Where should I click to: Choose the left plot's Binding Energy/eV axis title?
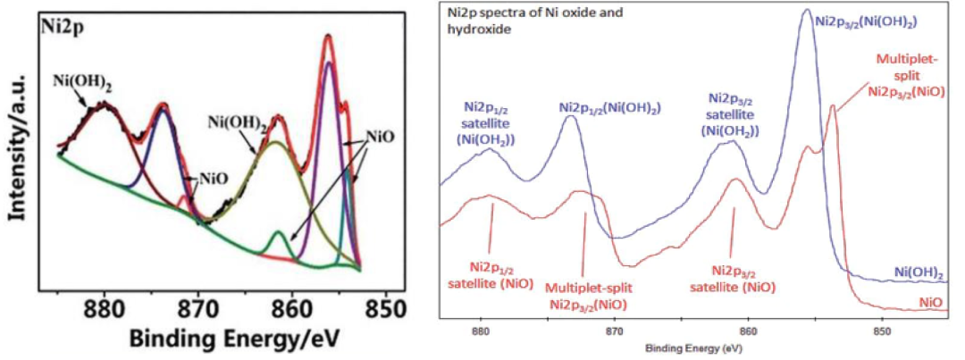[233, 338]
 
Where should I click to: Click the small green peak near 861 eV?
[279, 234]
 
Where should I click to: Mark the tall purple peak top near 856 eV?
[329, 63]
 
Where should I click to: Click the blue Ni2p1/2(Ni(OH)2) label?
[610, 107]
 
